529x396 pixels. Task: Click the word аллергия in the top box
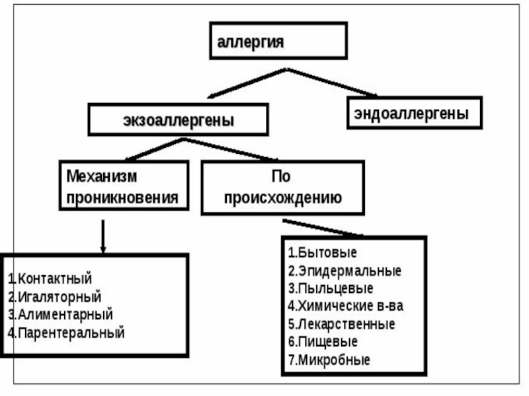(251, 43)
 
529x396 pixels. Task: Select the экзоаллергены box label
(179, 121)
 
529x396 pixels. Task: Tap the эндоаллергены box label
(411, 114)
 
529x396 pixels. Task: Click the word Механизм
(102, 176)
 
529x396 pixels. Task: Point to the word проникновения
(122, 197)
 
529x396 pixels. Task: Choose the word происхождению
(283, 197)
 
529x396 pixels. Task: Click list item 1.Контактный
(50, 279)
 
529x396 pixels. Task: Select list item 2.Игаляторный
(55, 297)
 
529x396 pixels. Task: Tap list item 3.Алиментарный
(60, 315)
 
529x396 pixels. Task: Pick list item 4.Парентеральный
(67, 333)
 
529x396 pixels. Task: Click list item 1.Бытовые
(323, 253)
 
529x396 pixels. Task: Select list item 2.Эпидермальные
(345, 271)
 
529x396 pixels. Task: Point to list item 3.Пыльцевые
(331, 288)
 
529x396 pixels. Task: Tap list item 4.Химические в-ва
(345, 306)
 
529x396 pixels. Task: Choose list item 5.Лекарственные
(341, 324)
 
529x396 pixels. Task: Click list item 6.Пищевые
(323, 342)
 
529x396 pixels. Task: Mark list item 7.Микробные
(329, 360)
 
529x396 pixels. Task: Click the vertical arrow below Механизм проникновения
(103, 236)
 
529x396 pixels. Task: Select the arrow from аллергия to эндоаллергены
(332, 82)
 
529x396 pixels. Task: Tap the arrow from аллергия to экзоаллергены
(247, 83)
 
